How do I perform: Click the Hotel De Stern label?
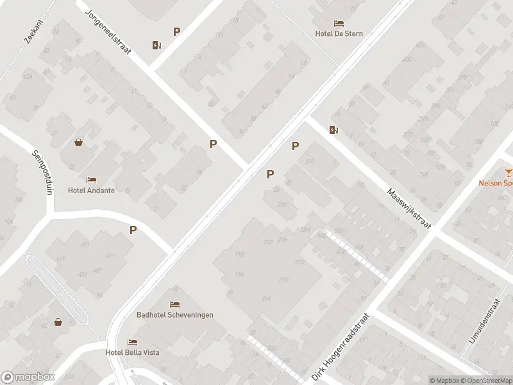point(339,34)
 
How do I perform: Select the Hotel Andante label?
point(91,191)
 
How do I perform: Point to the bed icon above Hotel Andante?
point(91,180)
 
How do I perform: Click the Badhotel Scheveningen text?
point(175,314)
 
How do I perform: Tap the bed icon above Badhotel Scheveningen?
point(174,304)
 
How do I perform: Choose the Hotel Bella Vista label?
point(133,352)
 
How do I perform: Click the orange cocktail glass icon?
point(508,172)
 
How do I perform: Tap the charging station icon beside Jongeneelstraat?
point(156,45)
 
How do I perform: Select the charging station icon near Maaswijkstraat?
point(333,130)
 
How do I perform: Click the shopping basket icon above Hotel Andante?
point(78,142)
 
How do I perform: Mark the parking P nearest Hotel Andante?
point(133,230)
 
